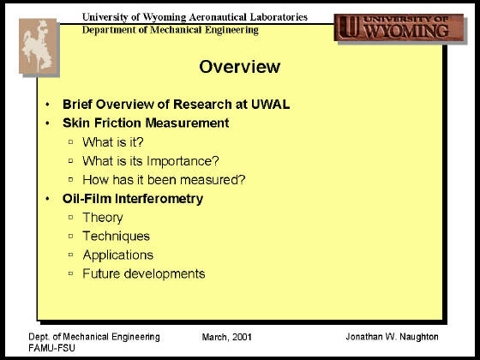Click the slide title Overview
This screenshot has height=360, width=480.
click(240, 67)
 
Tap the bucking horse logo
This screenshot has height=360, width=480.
click(38, 46)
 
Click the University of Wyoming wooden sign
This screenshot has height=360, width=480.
click(399, 27)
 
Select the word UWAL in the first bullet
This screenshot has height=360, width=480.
click(270, 105)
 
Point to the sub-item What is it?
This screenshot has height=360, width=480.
click(113, 142)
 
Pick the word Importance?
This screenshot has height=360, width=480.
click(183, 161)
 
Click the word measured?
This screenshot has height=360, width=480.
click(213, 180)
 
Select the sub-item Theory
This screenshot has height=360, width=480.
click(103, 218)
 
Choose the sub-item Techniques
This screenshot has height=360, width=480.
click(117, 237)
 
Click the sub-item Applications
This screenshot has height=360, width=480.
click(118, 255)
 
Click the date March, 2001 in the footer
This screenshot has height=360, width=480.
click(227, 337)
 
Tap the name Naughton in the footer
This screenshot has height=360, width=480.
click(419, 337)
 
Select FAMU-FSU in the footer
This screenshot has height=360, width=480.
click(51, 348)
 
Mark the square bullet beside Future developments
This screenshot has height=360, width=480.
click(70, 273)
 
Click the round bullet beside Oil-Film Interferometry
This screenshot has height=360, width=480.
click(47, 199)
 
